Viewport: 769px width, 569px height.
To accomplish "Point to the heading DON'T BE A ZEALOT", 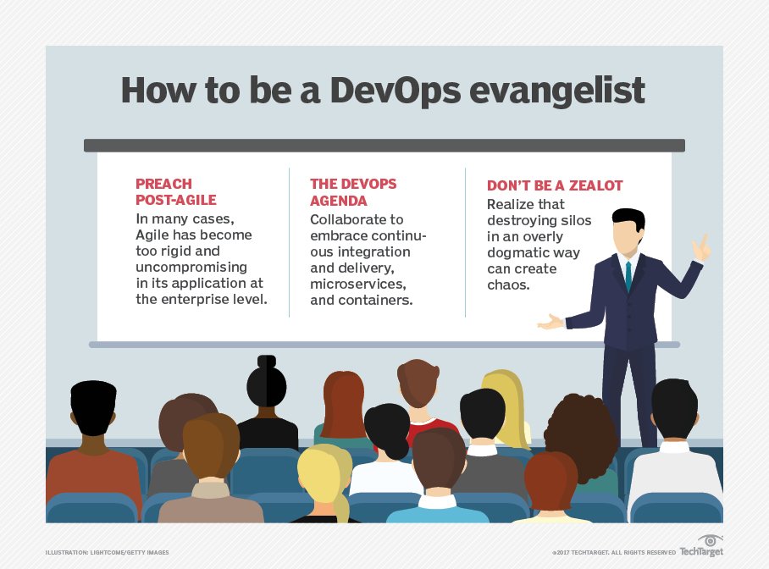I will tap(554, 185).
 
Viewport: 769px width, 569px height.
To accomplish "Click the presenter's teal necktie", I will tap(628, 275).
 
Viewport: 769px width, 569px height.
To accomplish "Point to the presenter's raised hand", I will tap(700, 247).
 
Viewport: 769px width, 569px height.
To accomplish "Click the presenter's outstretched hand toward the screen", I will tap(550, 322).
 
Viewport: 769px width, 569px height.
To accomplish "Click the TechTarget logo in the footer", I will tap(701, 548).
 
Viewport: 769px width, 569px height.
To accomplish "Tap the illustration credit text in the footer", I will tap(107, 552).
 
